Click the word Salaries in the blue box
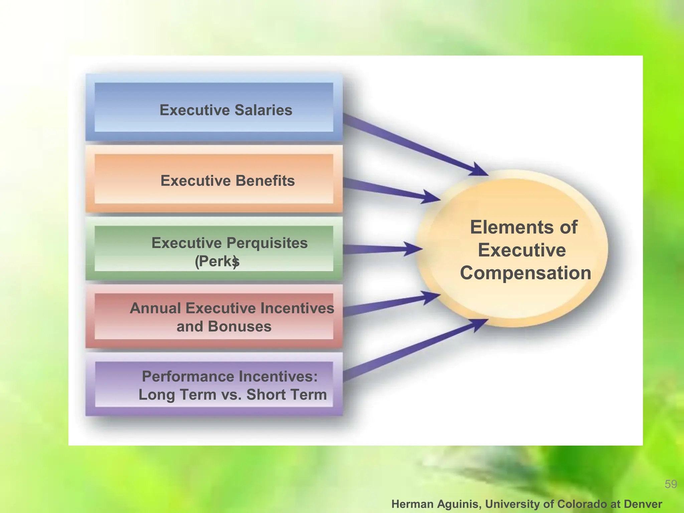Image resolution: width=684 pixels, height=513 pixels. pyautogui.click(x=263, y=110)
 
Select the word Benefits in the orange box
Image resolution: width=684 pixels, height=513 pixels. pyautogui.click(x=265, y=181)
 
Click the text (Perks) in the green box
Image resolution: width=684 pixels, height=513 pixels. pyautogui.click(x=217, y=262)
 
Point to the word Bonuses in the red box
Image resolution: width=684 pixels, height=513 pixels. pyautogui.click(x=239, y=326)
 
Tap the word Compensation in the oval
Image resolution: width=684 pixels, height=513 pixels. pyautogui.click(x=525, y=273)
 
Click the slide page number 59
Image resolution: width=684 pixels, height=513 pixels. pyautogui.click(x=671, y=484)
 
